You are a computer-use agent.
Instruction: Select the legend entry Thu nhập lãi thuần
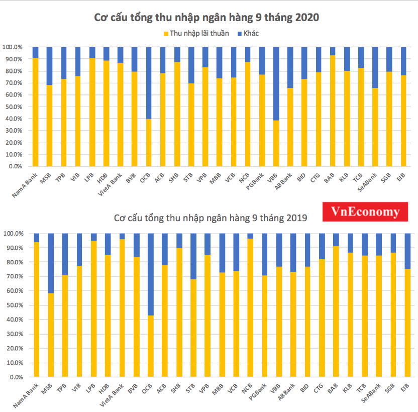click(x=196, y=33)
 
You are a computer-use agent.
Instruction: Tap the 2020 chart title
click(x=207, y=18)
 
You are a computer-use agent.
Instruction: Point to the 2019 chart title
click(x=210, y=218)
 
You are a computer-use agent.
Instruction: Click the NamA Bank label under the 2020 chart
click(x=28, y=183)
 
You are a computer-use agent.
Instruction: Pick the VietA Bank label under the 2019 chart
click(x=115, y=394)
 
